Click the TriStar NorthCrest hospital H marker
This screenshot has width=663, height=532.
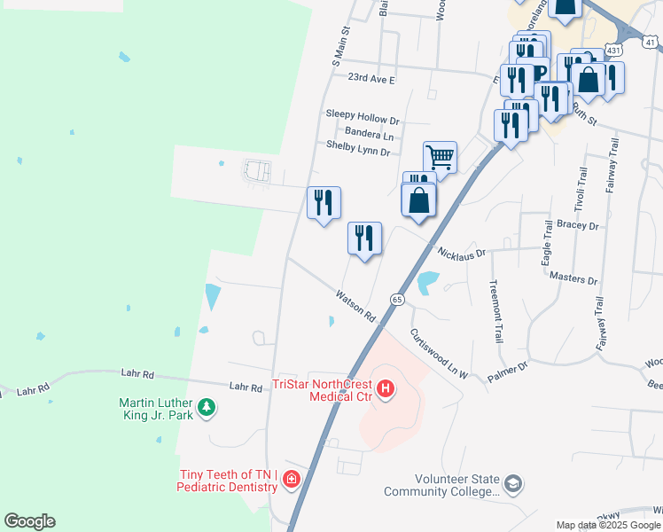pyautogui.click(x=386, y=388)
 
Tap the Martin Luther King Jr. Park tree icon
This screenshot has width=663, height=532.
pyautogui.click(x=207, y=407)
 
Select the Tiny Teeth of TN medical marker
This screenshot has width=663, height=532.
pyautogui.click(x=290, y=480)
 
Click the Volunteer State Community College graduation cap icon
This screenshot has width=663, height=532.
pyautogui.click(x=513, y=484)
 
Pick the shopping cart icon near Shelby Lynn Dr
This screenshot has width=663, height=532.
pyautogui.click(x=440, y=158)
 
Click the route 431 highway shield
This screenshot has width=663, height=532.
pyautogui.click(x=612, y=51)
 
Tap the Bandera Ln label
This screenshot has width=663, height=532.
pyautogui.click(x=369, y=135)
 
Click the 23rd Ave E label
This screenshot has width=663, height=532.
pyautogui.click(x=371, y=79)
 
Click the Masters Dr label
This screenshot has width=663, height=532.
pyautogui.click(x=573, y=279)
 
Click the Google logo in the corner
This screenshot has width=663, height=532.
pyautogui.click(x=29, y=521)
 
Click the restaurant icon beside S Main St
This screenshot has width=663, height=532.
pyautogui.click(x=324, y=203)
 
